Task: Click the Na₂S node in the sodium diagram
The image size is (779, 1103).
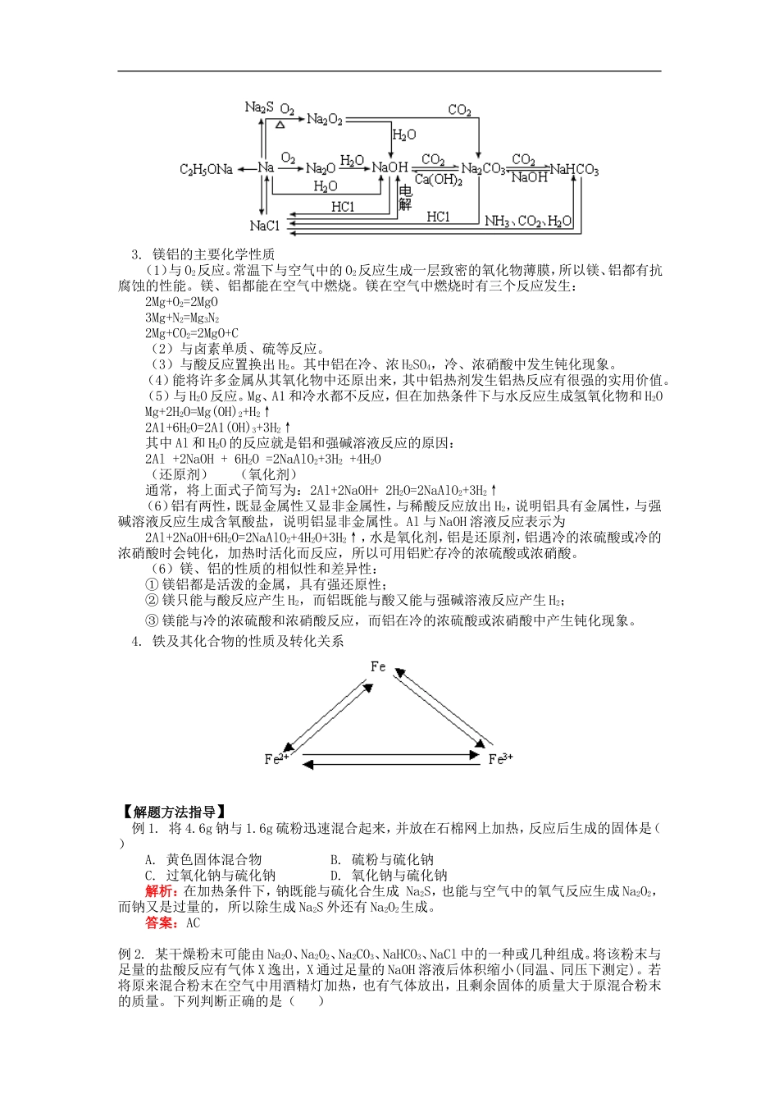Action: click(258, 108)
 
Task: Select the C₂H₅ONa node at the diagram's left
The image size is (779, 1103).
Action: click(206, 169)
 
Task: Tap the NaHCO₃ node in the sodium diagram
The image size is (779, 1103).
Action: click(574, 170)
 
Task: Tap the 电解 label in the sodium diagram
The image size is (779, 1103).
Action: click(404, 198)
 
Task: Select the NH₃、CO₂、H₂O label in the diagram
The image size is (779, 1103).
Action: click(529, 222)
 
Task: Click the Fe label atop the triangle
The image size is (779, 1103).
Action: click(378, 666)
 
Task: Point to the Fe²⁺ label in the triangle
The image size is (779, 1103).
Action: click(276, 758)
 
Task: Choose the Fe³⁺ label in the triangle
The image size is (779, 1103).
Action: click(500, 759)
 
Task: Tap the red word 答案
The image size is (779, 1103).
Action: click(162, 922)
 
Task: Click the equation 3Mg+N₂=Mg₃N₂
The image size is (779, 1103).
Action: click(182, 318)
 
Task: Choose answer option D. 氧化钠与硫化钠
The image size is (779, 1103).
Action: click(389, 876)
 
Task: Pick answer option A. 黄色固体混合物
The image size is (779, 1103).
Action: click(203, 859)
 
